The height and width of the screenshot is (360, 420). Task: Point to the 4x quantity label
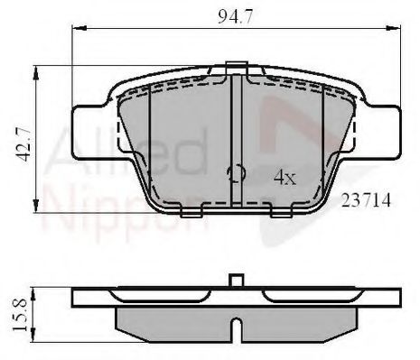coord(285,178)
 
